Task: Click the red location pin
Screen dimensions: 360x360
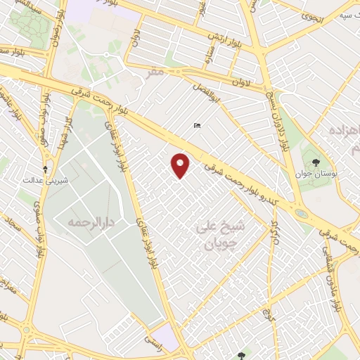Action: [181, 165]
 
